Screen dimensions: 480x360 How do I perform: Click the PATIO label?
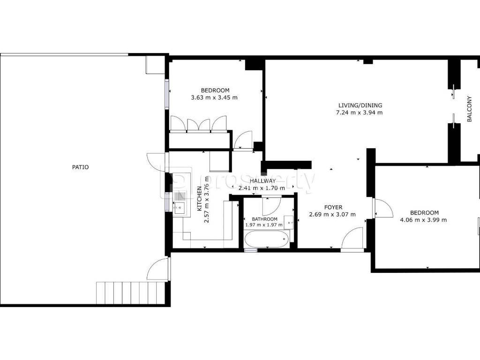[x=80, y=167]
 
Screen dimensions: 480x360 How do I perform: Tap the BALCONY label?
[x=469, y=109]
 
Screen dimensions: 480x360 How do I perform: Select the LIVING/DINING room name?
[x=360, y=105]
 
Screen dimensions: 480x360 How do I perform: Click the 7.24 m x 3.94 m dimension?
[x=360, y=112]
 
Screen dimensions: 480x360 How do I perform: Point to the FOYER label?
[x=333, y=207]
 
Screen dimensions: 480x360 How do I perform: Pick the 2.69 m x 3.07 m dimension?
[x=332, y=214]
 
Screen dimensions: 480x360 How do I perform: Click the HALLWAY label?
[x=262, y=181]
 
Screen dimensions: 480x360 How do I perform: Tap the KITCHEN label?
[x=199, y=199]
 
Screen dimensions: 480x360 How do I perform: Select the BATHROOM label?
[x=264, y=219]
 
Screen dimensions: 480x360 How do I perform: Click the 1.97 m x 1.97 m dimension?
[x=264, y=225]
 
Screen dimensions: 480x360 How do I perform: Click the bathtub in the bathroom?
[x=267, y=239]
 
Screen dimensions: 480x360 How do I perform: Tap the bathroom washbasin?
[x=289, y=223]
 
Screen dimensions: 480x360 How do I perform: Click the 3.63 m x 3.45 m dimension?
[x=214, y=97]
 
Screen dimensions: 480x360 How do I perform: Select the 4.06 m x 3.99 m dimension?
[x=424, y=220]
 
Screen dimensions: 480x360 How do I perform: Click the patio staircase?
[x=131, y=293]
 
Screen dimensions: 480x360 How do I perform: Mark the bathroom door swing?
[x=272, y=206]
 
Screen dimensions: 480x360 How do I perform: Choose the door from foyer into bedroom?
[x=383, y=208]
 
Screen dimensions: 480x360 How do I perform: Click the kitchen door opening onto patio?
[x=157, y=163]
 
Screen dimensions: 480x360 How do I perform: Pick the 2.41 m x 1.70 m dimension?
[x=262, y=188]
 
